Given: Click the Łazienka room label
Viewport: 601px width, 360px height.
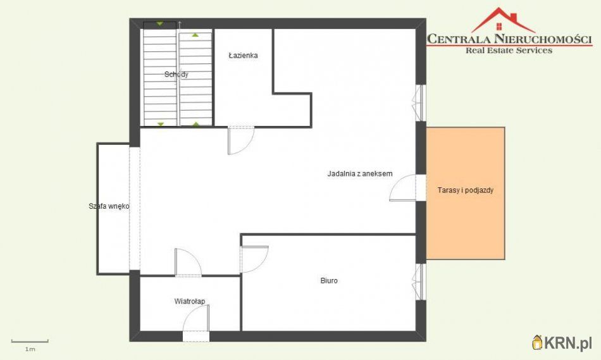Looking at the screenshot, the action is pyautogui.click(x=243, y=56).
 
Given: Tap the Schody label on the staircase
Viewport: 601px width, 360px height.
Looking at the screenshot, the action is pyautogui.click(x=177, y=75).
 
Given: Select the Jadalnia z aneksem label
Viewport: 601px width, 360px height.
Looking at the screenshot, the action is pyautogui.click(x=360, y=174).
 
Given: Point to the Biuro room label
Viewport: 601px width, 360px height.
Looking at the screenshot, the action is pyautogui.click(x=329, y=281).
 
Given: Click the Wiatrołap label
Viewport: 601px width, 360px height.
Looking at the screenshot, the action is pyautogui.click(x=189, y=301).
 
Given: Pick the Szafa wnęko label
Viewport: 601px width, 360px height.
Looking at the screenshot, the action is pyautogui.click(x=109, y=206).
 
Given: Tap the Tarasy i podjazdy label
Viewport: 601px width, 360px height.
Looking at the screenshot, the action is pyautogui.click(x=466, y=190).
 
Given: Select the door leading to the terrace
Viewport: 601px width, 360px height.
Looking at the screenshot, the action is pyautogui.click(x=402, y=188).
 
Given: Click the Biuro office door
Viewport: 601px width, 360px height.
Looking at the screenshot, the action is pyautogui.click(x=254, y=259).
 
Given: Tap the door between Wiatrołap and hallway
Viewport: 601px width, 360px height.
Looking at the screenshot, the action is pyautogui.click(x=188, y=262).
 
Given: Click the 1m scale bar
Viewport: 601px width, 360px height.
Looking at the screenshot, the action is pyautogui.click(x=30, y=341).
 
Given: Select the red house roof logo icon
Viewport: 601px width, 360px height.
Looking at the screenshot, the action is pyautogui.click(x=502, y=20).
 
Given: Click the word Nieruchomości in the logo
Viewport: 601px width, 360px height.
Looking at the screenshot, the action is pyautogui.click(x=543, y=39).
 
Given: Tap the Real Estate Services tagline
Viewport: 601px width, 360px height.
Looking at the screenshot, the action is pyautogui.click(x=509, y=50).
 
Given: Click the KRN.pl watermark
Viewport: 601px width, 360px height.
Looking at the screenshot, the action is pyautogui.click(x=562, y=342).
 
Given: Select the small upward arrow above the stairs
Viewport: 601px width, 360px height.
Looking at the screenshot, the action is pyautogui.click(x=180, y=25).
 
